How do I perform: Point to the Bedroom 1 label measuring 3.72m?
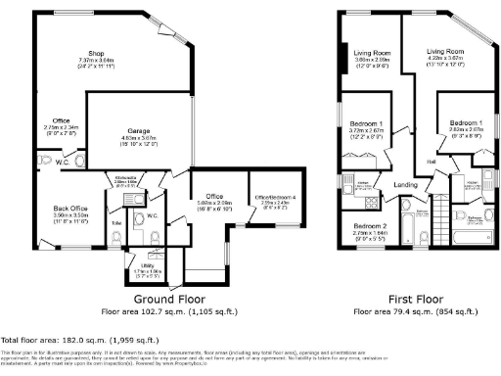366,123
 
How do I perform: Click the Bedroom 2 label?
369,225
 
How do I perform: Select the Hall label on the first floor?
431,162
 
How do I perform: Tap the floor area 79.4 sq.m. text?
412,310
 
